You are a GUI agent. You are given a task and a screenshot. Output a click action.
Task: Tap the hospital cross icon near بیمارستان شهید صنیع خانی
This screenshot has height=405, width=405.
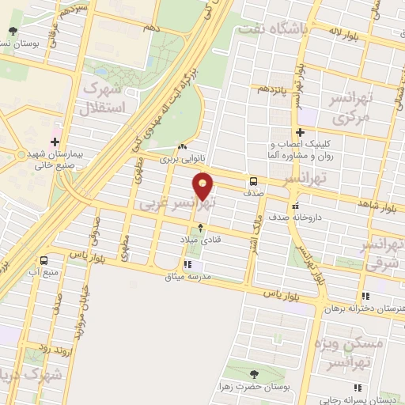(x=55, y=142)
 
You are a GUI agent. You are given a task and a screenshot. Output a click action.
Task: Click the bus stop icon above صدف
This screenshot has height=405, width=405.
(x=253, y=180)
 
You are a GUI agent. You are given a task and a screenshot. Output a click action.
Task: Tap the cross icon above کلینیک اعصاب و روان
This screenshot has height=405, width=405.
(x=299, y=133)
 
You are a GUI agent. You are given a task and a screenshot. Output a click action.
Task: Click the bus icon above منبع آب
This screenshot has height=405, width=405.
(x=44, y=260)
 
